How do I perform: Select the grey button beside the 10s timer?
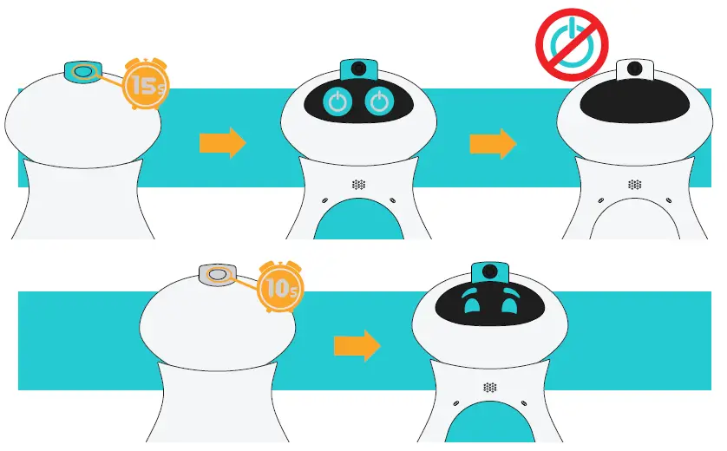218,275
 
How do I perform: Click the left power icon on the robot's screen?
338,102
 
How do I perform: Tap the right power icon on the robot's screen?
379,102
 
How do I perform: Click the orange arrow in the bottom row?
357,345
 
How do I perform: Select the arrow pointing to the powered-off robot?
493,144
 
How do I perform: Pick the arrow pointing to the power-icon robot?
222,144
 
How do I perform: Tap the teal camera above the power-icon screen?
358,69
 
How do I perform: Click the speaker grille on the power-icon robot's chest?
358,184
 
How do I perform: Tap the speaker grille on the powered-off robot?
634,184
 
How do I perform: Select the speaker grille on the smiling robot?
490,387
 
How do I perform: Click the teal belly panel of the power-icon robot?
358,220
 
